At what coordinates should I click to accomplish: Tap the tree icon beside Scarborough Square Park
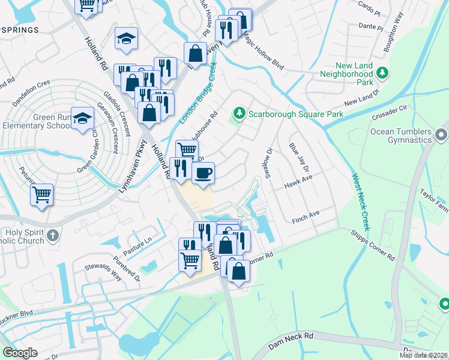coord(240,113)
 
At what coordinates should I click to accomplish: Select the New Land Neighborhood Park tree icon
coord(382,73)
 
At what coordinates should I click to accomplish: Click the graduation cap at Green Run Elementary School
coord(82,118)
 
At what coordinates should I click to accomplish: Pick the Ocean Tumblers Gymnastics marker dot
coord(442,135)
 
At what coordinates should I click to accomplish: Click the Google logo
coord(20,352)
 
